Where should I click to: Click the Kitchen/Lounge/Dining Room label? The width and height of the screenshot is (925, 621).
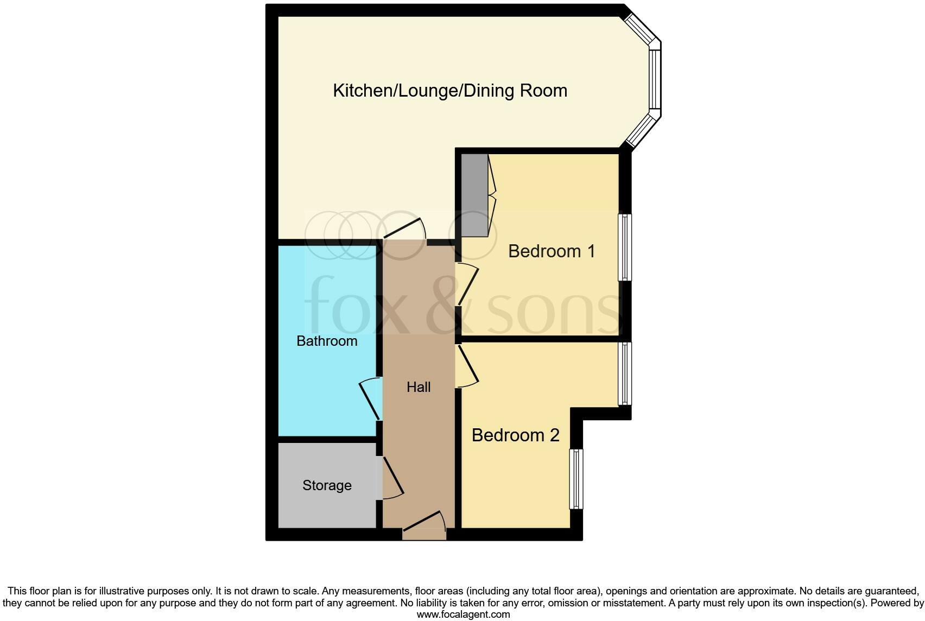click(450, 90)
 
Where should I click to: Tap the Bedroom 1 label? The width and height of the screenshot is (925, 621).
click(552, 251)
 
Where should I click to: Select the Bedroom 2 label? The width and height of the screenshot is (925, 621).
click(515, 435)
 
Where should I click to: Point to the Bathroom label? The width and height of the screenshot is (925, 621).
click(327, 341)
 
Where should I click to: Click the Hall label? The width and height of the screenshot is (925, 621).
click(419, 387)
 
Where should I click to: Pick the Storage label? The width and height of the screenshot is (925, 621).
click(327, 485)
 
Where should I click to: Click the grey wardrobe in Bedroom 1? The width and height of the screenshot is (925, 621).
click(474, 195)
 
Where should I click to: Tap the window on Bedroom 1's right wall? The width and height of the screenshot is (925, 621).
click(625, 248)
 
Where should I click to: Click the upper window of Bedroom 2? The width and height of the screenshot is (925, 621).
click(625, 373)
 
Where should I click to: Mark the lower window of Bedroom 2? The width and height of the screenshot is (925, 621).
click(576, 479)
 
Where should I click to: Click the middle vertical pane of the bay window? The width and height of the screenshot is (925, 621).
click(655, 80)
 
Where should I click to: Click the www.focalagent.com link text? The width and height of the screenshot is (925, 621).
click(463, 614)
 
